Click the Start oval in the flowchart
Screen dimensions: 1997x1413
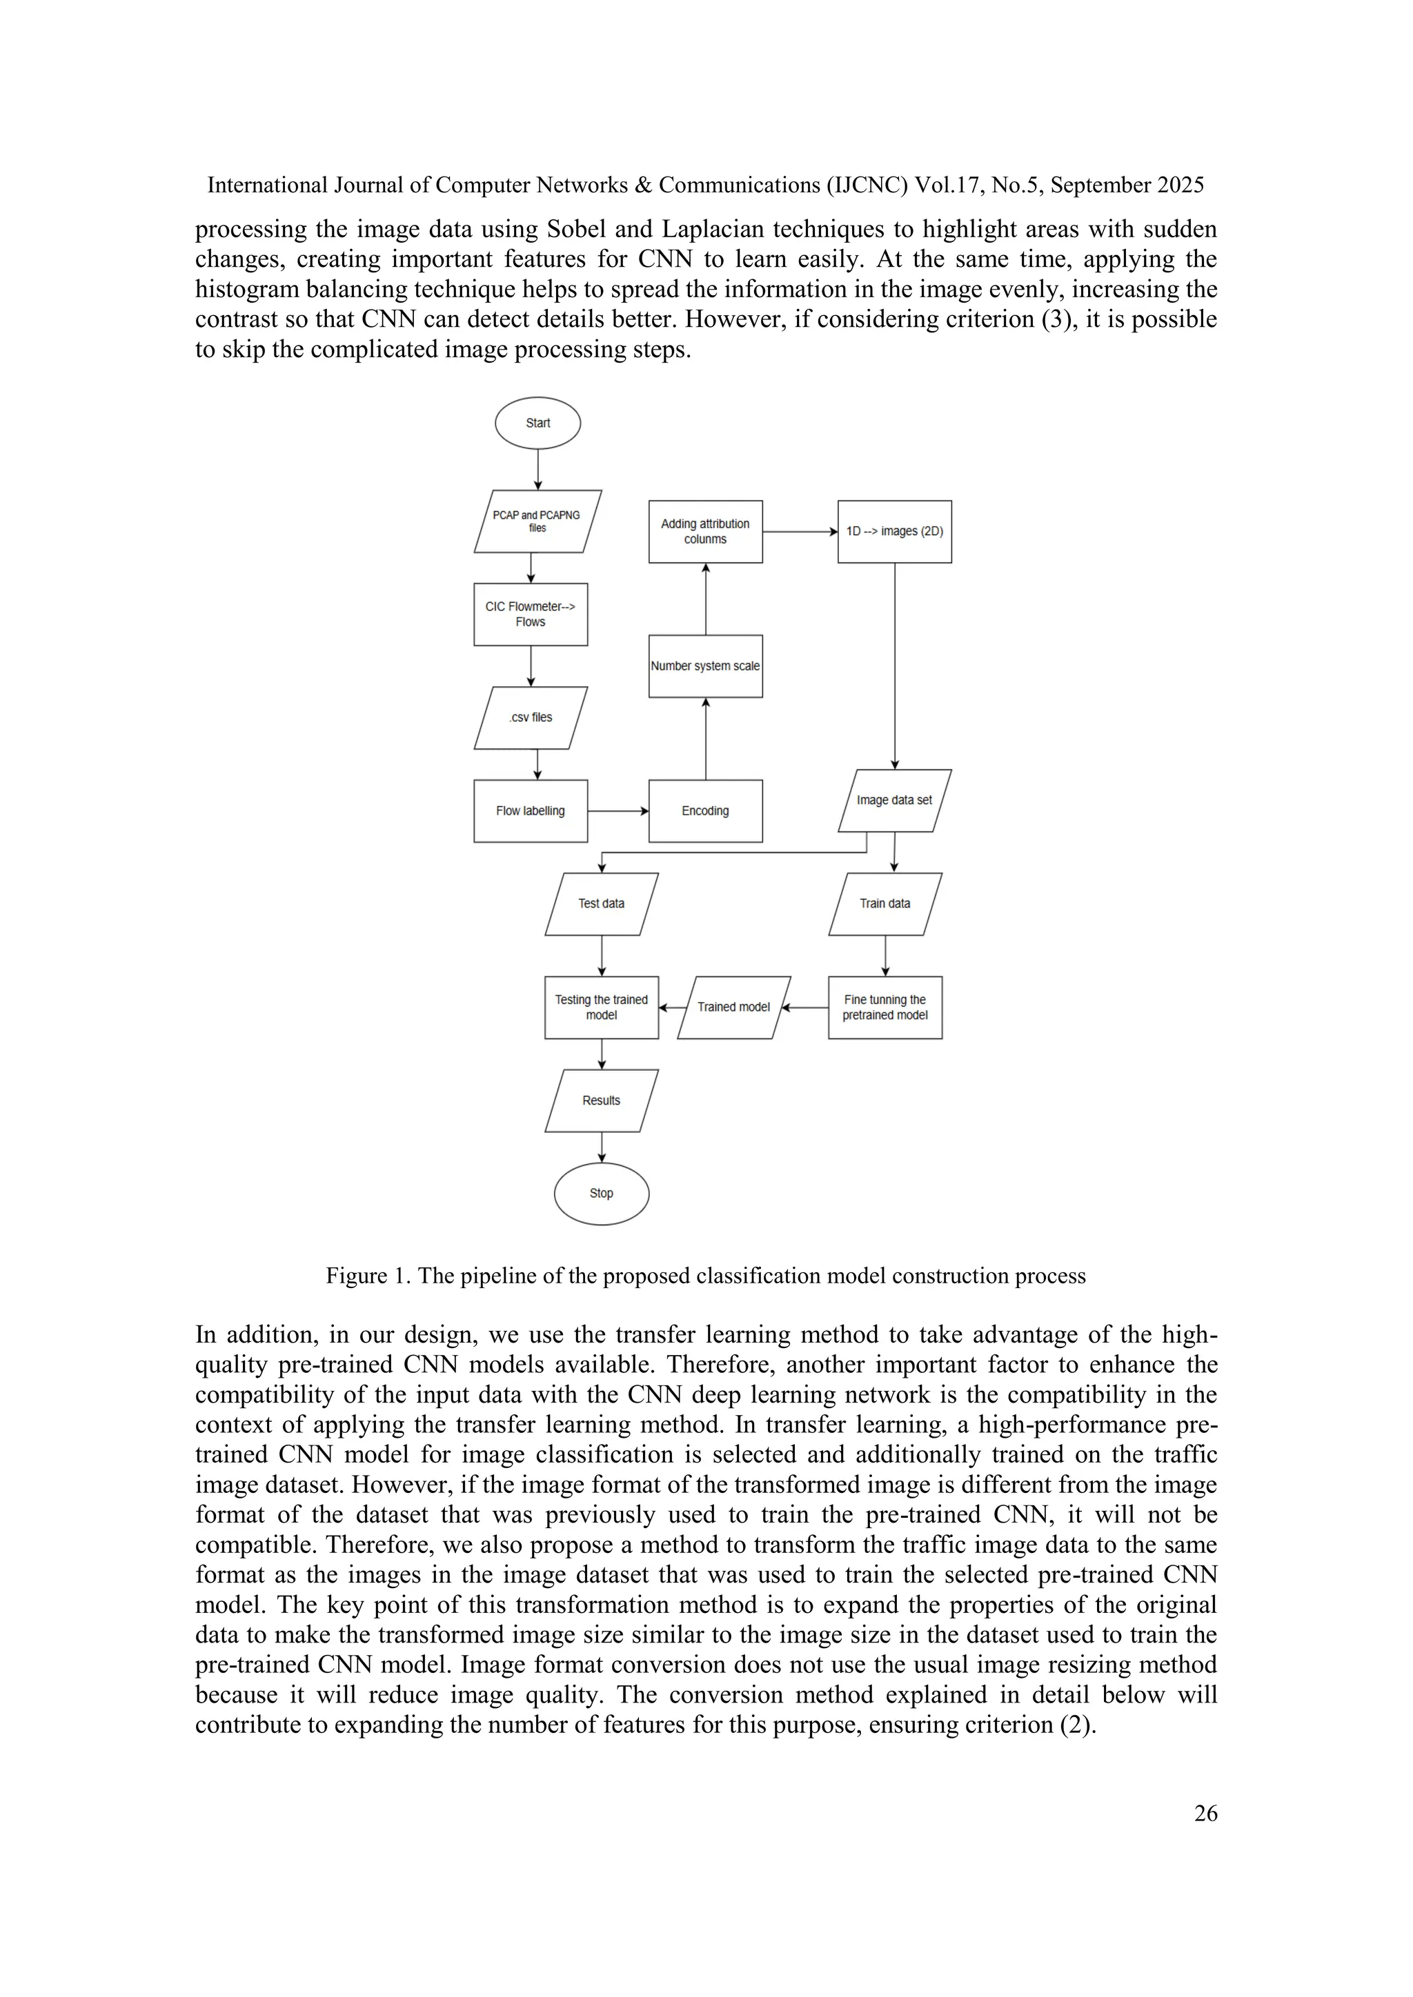[x=537, y=423]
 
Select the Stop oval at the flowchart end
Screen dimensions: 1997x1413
[x=601, y=1194]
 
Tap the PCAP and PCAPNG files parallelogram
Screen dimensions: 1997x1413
[x=537, y=522]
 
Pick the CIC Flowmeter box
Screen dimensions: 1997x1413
[x=531, y=614]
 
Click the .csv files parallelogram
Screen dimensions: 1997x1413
[x=531, y=718]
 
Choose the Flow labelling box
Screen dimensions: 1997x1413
[x=531, y=811]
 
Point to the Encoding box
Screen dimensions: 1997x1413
[x=706, y=811]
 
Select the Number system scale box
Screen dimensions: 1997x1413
[x=706, y=666]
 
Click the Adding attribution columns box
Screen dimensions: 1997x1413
[x=706, y=532]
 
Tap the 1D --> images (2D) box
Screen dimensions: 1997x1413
[x=894, y=532]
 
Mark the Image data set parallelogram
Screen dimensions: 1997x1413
[x=894, y=800]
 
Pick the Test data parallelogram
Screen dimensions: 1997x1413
[x=601, y=904]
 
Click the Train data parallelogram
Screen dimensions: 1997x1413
[x=885, y=904]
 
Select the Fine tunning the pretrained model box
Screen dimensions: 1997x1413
[x=885, y=1007]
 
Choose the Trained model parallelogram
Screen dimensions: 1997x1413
[x=733, y=1007]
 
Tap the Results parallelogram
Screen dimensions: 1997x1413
[x=601, y=1101]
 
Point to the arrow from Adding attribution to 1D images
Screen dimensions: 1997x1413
[x=800, y=532]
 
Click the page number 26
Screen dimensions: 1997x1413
[x=1205, y=1814]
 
